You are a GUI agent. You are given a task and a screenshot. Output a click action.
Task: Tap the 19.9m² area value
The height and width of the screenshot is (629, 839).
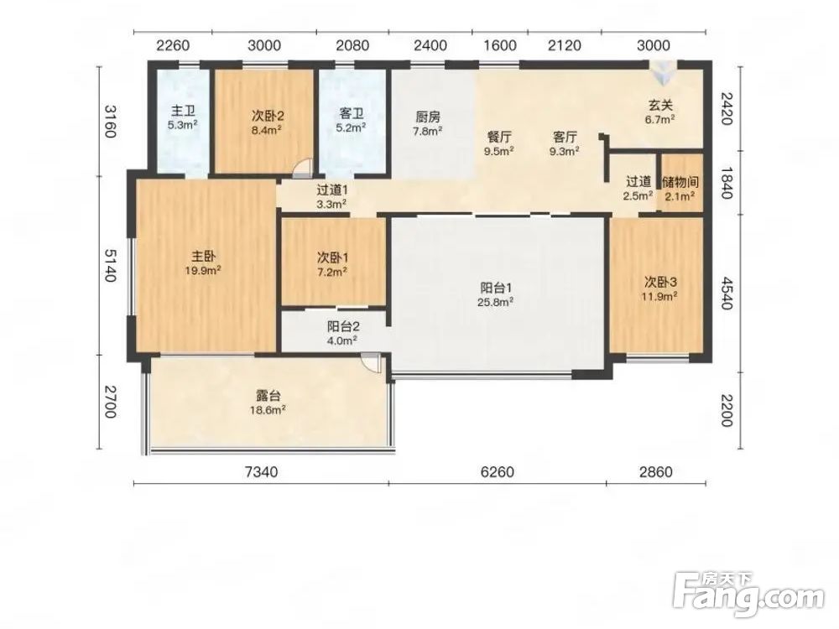pyautogui.click(x=203, y=271)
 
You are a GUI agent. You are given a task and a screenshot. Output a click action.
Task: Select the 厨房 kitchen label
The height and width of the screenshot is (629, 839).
pyautogui.click(x=428, y=117)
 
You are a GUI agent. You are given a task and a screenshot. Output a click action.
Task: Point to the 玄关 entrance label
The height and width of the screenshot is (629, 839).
pyautogui.click(x=659, y=106)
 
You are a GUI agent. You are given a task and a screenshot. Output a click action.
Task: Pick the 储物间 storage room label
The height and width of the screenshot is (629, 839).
pyautogui.click(x=680, y=182)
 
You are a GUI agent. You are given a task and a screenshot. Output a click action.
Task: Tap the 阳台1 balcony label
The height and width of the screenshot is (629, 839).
pyautogui.click(x=496, y=288)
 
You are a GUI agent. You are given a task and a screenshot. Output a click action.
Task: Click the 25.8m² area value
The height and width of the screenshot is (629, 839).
pyautogui.click(x=496, y=302)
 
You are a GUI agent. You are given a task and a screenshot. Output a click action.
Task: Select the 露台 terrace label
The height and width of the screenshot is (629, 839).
pyautogui.click(x=268, y=397)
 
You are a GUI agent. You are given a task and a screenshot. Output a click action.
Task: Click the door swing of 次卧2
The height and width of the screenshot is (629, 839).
pyautogui.click(x=302, y=167)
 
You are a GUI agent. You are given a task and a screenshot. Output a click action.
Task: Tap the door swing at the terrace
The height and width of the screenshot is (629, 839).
pyautogui.click(x=370, y=362)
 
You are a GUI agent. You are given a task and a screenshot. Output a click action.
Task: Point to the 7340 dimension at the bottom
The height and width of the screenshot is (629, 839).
pyautogui.click(x=261, y=471)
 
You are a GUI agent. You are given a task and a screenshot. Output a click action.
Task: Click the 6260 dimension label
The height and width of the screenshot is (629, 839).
pyautogui.click(x=497, y=471)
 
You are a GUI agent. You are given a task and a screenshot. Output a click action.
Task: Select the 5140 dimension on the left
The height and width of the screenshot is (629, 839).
pyautogui.click(x=110, y=266)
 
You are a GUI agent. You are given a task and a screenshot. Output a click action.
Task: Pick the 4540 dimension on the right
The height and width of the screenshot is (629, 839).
pyautogui.click(x=726, y=293)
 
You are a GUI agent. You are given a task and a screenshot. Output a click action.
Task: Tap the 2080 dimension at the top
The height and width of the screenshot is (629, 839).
pyautogui.click(x=352, y=45)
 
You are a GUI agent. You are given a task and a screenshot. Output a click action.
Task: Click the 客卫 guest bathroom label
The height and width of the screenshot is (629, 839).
pyautogui.click(x=352, y=114)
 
